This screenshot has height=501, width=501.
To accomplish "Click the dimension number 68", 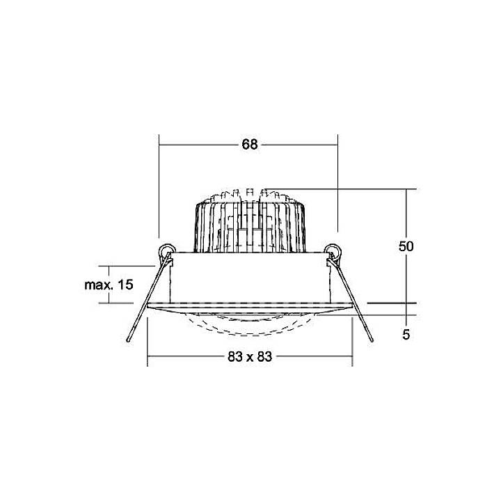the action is click(250, 145).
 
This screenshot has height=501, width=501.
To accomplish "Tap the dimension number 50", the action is click(406, 246).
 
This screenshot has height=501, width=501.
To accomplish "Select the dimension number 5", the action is click(406, 335).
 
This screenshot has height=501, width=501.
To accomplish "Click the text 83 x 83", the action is click(250, 356).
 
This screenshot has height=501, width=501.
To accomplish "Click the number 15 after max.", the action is click(125, 285).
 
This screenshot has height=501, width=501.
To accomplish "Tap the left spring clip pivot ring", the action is click(167, 250).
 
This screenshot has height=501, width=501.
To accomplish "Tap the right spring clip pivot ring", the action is click(333, 250).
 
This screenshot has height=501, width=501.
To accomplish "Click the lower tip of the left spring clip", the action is click(128, 340).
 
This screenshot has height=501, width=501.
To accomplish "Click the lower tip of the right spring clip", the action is click(372, 340).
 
